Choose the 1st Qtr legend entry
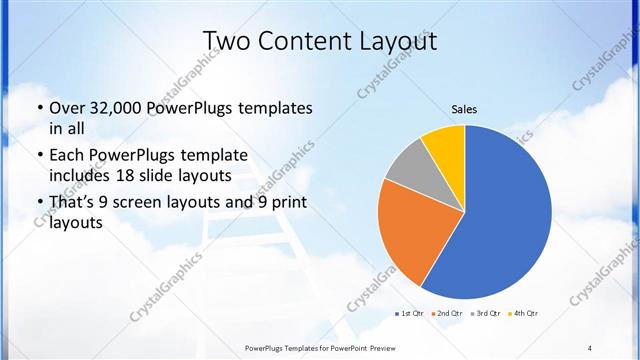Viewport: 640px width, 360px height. [409, 314]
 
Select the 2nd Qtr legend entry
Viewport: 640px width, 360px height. [448, 314]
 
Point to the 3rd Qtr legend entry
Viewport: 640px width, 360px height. [487, 314]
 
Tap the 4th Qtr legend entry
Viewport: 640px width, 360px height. [526, 314]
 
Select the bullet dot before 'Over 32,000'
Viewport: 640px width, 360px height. [39, 108]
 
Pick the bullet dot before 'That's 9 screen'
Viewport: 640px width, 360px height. [39, 203]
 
